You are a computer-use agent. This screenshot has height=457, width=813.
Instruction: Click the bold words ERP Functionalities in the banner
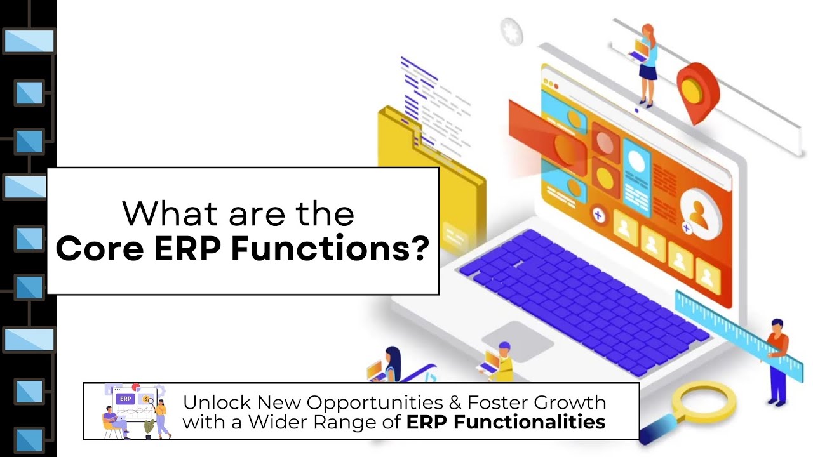[x=506, y=422]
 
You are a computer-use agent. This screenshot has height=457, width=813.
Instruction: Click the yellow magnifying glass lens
[x=703, y=402]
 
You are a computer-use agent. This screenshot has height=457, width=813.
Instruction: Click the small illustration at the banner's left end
[x=135, y=411]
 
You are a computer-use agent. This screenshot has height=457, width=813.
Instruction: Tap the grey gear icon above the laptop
[x=511, y=29]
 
